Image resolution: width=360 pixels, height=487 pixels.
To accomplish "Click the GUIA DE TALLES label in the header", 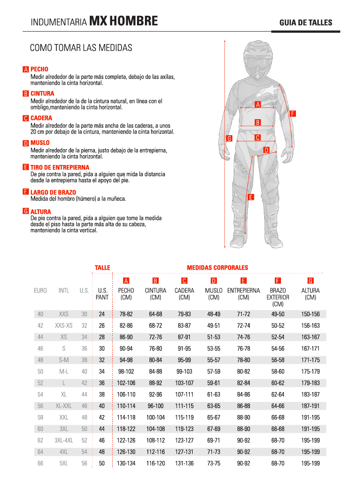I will (306, 22).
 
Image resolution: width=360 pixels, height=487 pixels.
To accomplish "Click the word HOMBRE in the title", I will (134, 21).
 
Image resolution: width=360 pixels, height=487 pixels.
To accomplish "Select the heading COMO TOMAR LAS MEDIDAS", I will (81, 48).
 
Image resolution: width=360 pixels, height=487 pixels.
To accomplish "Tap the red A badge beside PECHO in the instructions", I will (26, 70).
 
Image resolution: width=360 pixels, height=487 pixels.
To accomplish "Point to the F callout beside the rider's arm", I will (292, 113).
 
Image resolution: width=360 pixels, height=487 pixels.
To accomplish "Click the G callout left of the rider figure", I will (229, 138).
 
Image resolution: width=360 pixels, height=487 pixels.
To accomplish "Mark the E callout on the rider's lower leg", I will (251, 197).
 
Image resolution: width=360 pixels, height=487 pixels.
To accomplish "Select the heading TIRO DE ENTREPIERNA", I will (60, 167).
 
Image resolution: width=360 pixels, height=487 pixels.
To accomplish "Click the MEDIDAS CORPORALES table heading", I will (217, 268).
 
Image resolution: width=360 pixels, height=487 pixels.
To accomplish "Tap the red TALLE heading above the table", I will (102, 268).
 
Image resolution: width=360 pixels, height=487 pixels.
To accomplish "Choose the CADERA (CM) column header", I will (184, 294).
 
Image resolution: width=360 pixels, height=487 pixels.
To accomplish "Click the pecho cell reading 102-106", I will (126, 383).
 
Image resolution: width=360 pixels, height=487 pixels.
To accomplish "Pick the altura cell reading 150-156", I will (310, 314).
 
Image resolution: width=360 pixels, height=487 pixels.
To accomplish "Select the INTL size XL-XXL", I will (64, 406).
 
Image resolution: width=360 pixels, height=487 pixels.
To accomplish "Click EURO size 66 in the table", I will (40, 464).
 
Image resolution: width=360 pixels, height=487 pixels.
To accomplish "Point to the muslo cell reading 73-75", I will (214, 464).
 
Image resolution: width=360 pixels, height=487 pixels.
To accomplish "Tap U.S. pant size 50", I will (102, 464).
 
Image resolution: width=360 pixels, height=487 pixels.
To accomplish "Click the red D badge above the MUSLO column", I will (214, 281).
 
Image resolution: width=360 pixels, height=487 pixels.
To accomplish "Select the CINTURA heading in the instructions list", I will (42, 93).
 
